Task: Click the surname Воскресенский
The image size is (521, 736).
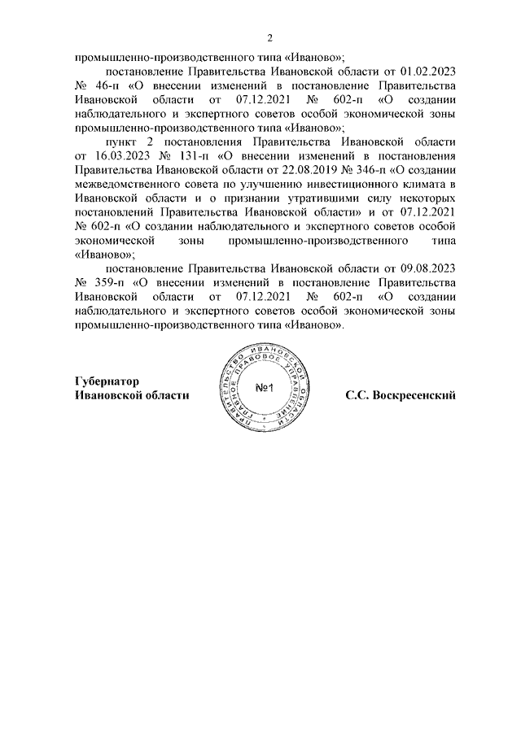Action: [x=411, y=394]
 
